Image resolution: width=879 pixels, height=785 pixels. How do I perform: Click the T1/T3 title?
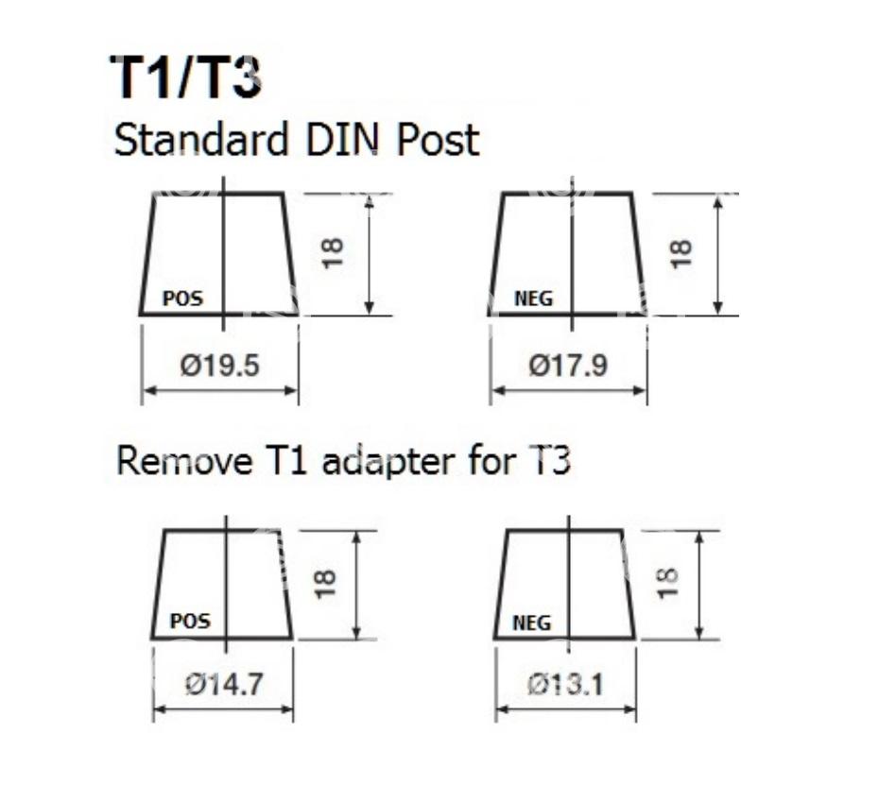pos(185,77)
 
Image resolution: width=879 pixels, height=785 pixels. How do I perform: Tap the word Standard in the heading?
pos(200,141)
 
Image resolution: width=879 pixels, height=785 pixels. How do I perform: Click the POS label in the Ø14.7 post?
pos(190,622)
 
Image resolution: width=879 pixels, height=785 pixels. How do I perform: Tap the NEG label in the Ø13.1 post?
pos(531,623)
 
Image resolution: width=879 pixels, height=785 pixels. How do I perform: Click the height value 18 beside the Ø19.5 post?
pos(333,252)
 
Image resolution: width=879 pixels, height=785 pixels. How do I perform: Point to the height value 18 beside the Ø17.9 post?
pos(681,252)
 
